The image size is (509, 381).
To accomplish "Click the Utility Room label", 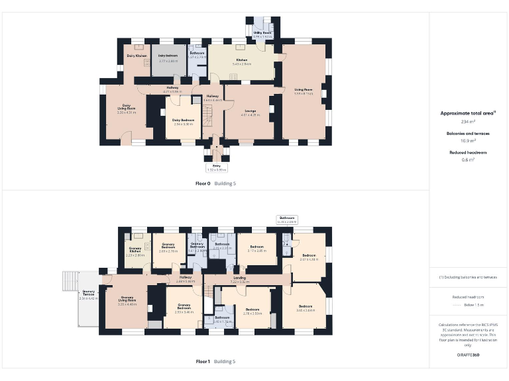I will click(x=262, y=33).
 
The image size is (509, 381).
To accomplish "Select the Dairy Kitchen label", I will click(x=137, y=56).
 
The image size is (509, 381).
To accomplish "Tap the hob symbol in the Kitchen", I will click(x=234, y=77).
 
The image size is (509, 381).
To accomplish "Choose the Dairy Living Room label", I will click(x=126, y=108).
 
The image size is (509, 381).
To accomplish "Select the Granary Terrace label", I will click(x=89, y=295).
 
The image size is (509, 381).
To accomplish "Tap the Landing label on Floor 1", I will click(x=240, y=279).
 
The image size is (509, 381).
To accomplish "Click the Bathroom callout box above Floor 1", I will click(x=287, y=220).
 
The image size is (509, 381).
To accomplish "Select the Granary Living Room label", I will click(x=127, y=301).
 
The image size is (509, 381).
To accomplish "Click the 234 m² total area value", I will click(x=468, y=122).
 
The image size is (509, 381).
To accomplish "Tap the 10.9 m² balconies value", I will click(x=468, y=141).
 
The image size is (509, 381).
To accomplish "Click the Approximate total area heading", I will click(x=468, y=113).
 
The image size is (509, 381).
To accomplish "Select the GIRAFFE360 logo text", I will click(x=468, y=355).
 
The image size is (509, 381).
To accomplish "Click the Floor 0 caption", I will click(x=203, y=183).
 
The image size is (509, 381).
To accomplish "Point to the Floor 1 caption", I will click(x=203, y=362).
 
